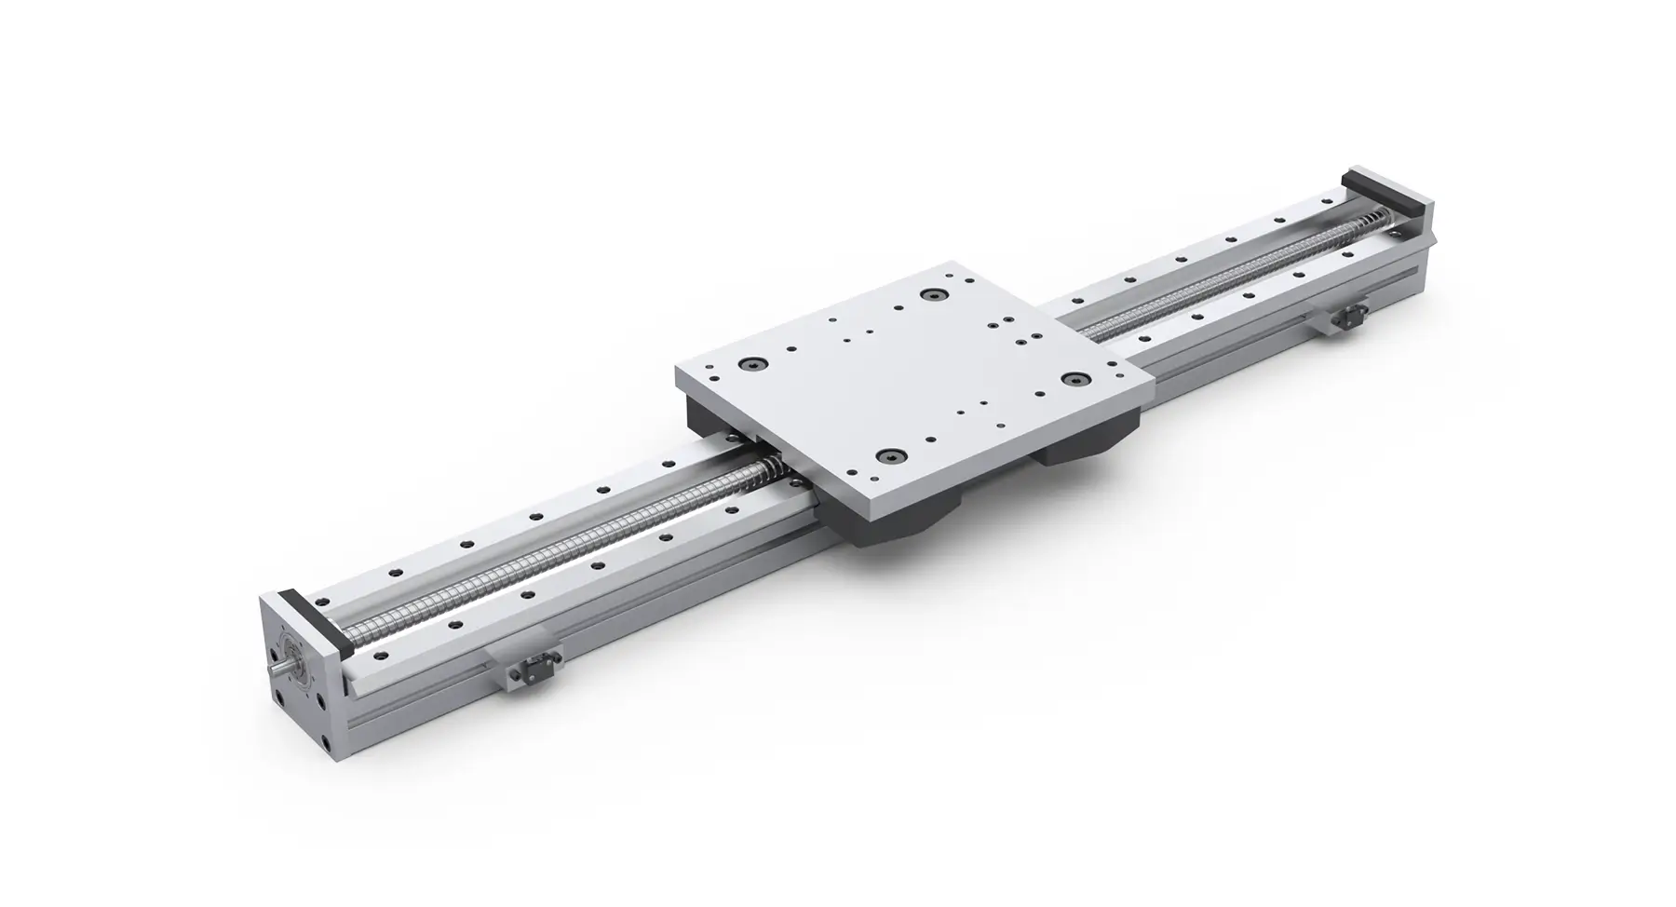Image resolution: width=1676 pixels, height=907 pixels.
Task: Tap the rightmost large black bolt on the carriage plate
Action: (1077, 380)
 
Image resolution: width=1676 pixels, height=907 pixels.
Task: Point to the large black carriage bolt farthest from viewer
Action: (930, 295)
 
